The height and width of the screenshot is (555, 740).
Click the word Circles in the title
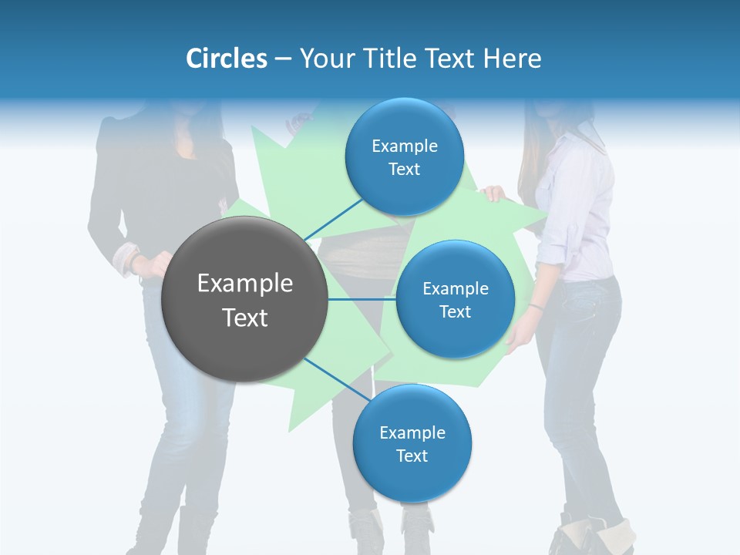[226, 59]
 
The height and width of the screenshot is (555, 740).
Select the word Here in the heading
[512, 59]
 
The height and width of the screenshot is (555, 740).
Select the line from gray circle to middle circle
[362, 299]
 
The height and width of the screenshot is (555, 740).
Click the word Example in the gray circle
[245, 284]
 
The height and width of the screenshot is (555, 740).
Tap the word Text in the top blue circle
[404, 170]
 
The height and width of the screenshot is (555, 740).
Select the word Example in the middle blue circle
[455, 289]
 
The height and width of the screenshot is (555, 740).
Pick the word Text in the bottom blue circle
[412, 456]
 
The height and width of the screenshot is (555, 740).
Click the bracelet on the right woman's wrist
[536, 307]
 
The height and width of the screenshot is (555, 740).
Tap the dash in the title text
[283, 59]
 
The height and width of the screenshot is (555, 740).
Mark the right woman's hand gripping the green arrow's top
[494, 194]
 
